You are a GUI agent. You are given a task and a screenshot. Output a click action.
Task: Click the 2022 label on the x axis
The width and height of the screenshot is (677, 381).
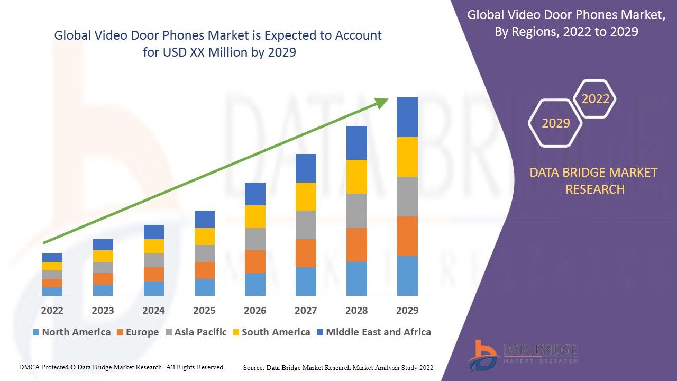coord(52,310)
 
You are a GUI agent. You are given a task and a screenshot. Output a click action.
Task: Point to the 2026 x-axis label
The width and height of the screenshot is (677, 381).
coord(255,310)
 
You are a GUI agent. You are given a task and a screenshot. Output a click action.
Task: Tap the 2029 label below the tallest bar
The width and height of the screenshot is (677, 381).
coord(407,310)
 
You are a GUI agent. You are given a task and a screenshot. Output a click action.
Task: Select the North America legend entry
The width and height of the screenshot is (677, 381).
coord(71,332)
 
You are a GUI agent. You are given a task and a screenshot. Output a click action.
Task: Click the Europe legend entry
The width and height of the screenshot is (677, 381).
coord(137,332)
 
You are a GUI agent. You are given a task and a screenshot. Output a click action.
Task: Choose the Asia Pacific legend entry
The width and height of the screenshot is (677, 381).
coord(195,332)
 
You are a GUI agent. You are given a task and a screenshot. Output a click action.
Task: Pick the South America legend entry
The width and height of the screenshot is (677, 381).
coord(270,332)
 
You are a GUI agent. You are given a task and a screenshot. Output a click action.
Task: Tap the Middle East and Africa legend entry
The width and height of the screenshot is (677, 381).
coord(373,332)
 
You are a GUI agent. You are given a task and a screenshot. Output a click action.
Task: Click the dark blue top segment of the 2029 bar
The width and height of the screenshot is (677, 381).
coord(407,117)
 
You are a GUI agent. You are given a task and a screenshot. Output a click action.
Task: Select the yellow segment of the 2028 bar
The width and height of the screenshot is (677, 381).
coord(356,176)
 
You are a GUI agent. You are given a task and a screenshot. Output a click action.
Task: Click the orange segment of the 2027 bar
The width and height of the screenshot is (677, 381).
coord(306,253)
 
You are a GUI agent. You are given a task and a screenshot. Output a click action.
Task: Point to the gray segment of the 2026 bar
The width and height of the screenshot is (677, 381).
coord(255,239)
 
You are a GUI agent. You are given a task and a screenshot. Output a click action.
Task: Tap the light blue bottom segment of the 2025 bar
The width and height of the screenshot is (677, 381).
coord(204,287)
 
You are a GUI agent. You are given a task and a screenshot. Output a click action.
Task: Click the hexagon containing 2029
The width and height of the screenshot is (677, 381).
coord(555,123)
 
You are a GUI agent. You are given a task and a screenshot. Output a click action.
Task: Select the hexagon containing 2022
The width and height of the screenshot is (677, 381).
coord(595,99)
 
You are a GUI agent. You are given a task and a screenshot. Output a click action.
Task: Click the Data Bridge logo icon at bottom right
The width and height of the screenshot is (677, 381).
coord(482,355)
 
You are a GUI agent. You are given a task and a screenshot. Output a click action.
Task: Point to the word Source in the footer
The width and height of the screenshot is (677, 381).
coord(254,367)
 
